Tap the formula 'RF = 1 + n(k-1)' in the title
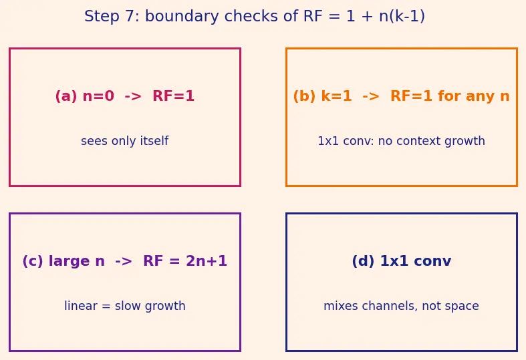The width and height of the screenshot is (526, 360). pyautogui.click(x=364, y=17)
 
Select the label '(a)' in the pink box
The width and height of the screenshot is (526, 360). pyautogui.click(x=66, y=96)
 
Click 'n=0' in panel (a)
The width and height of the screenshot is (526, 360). pyautogui.click(x=98, y=96)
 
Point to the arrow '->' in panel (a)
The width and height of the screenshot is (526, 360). pyautogui.click(x=133, y=97)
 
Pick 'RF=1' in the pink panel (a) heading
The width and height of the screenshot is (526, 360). pyautogui.click(x=173, y=96)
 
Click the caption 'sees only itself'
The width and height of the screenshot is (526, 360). pyautogui.click(x=124, y=141)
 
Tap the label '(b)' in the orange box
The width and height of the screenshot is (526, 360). pyautogui.click(x=304, y=96)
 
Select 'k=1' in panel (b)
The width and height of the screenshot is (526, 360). pyautogui.click(x=336, y=96)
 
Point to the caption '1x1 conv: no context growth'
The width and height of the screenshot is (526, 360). pyautogui.click(x=401, y=141)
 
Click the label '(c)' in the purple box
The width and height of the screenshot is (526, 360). pyautogui.click(x=33, y=261)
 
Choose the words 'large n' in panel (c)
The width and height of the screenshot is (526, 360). pyautogui.click(x=76, y=261)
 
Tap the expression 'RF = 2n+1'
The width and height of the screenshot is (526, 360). pyautogui.click(x=185, y=261)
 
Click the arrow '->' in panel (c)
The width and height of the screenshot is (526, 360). pyautogui.click(x=124, y=261)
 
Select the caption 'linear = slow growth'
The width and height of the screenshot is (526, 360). pyautogui.click(x=125, y=306)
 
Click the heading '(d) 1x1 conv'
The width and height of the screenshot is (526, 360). pyautogui.click(x=402, y=261)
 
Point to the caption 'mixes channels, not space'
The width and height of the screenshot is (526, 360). pyautogui.click(x=401, y=306)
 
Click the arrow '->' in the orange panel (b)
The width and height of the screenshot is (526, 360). pyautogui.click(x=371, y=97)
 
